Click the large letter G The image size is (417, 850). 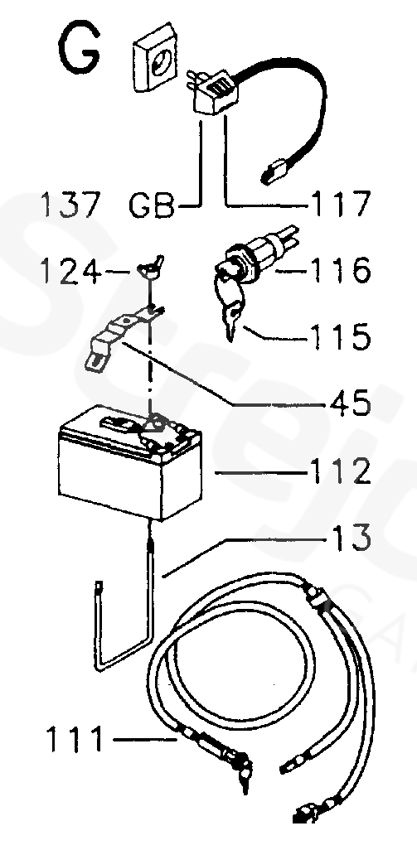pyautogui.click(x=78, y=50)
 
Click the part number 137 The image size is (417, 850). pyautogui.click(x=70, y=205)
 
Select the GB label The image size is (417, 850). pyautogui.click(x=153, y=205)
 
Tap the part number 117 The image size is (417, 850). pyautogui.click(x=341, y=204)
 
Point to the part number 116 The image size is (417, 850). pyautogui.click(x=341, y=269)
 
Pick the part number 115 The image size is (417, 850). pyautogui.click(x=341, y=336)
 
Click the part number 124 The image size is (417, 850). pyautogui.click(x=70, y=271)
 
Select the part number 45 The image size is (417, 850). pyautogui.click(x=351, y=403)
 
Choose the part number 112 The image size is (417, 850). pyautogui.click(x=341, y=471)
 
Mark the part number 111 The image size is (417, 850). pyautogui.click(x=75, y=739)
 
